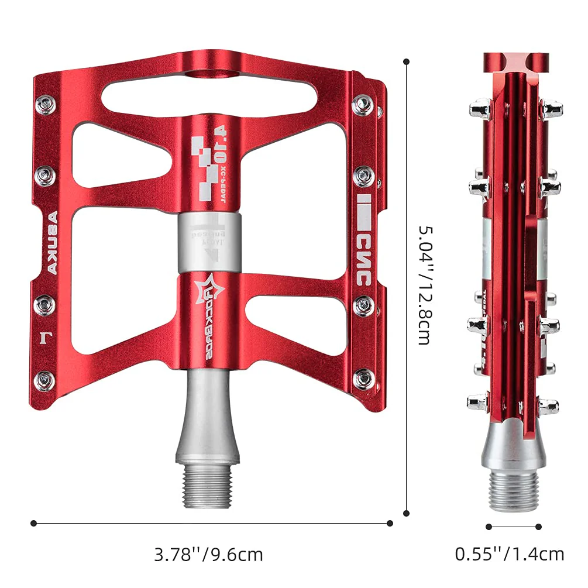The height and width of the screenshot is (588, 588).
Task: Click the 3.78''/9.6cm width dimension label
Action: point(208,554)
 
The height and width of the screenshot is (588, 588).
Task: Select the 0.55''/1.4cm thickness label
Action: point(510,553)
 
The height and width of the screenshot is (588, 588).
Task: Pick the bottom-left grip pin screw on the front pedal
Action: point(45,380)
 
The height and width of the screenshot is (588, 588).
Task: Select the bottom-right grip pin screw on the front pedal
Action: point(363,379)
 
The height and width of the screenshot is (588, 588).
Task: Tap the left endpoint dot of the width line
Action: point(34,523)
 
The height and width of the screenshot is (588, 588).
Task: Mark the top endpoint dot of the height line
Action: point(407,61)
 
